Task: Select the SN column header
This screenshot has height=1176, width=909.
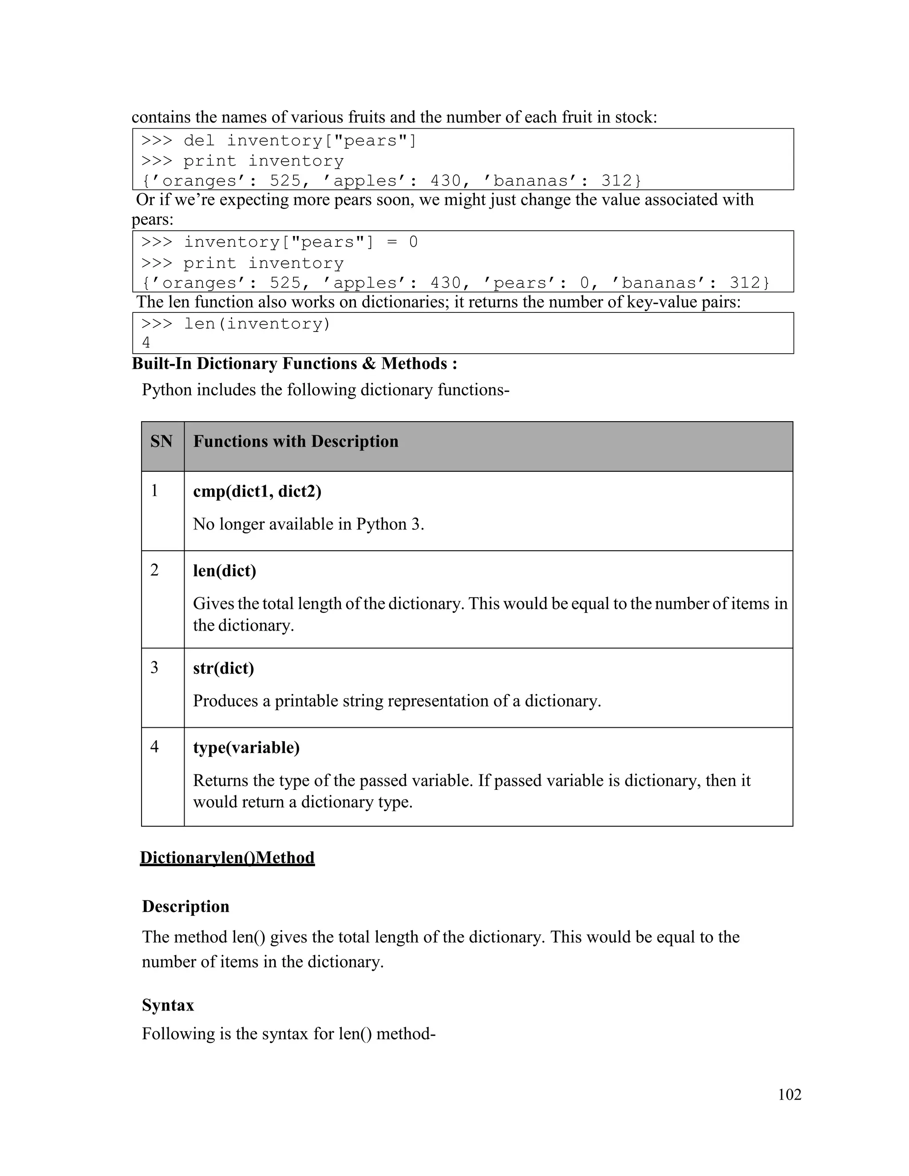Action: coord(161,442)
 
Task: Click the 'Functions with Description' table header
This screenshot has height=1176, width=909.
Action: coord(296,442)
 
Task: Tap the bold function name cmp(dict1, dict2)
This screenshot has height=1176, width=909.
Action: coord(257,491)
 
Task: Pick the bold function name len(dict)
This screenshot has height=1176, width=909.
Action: coord(225,570)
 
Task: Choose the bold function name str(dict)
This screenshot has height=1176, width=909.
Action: coord(224,668)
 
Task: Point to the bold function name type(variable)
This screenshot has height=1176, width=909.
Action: coord(246,747)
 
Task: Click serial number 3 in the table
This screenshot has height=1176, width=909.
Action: coord(154,668)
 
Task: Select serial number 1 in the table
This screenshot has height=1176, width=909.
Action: coord(154,490)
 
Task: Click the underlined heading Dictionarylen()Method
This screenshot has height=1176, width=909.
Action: coord(227,858)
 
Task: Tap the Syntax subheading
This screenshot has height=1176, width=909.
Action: coord(168,1005)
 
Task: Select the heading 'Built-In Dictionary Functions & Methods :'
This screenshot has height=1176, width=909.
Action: coord(295,363)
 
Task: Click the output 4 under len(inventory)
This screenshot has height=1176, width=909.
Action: coord(146,343)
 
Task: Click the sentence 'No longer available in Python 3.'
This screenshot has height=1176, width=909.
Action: coord(308,524)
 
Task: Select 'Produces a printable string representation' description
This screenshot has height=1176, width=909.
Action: coord(397,701)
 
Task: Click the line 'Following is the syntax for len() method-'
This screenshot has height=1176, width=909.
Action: coord(288,1034)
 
